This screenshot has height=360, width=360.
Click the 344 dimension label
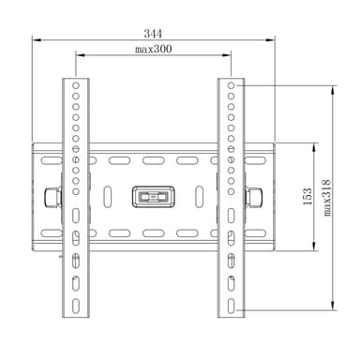tap(153, 34)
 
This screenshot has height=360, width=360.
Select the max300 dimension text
tap(153, 49)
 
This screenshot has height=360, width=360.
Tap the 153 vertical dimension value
tap(307, 196)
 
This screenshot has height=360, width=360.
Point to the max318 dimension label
tap(326, 198)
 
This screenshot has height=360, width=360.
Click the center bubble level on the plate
tap(153, 197)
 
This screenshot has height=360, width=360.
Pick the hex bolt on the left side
tap(52, 197)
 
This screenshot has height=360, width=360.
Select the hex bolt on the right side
tap(253, 197)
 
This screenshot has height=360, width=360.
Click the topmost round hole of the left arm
tap(76, 85)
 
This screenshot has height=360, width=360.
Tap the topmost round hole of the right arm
tap(231, 85)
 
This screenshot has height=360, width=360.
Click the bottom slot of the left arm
tap(76, 306)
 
